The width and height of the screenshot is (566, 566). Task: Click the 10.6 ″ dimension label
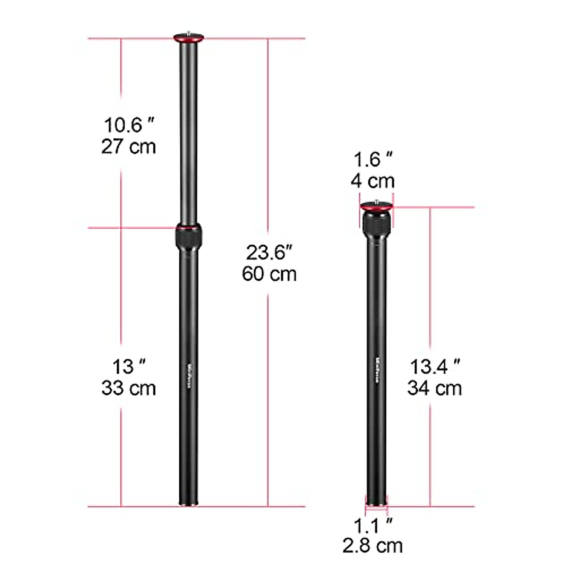pos(129,125)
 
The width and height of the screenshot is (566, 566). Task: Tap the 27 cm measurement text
pos(128,147)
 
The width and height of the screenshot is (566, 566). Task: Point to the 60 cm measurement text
pos(269,274)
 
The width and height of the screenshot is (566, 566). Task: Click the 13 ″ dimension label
pos(128,367)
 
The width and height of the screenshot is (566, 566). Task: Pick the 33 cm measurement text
pos(128,388)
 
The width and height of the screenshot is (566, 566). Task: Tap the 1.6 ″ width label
pos(373,160)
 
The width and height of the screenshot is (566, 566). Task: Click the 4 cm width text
pos(373,181)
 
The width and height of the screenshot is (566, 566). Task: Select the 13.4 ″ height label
pos(434,367)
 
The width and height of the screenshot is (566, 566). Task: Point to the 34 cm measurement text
pos(434,388)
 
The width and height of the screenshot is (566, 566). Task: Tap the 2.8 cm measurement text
pos(373,545)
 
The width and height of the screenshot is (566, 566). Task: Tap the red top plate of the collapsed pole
pos(375,206)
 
